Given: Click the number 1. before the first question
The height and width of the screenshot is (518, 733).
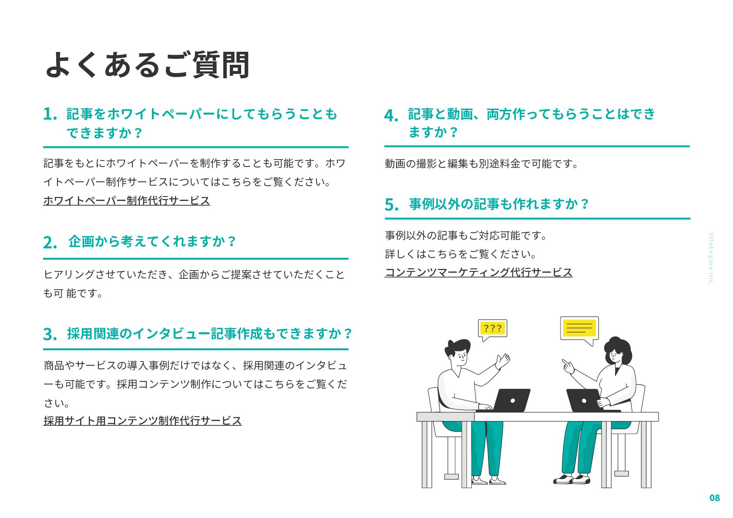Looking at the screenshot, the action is (50, 114).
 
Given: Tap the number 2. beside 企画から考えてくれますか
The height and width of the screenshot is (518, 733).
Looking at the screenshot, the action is (50, 242).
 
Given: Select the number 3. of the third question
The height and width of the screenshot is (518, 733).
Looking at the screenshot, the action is (50, 334).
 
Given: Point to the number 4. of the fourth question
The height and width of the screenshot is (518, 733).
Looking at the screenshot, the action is (391, 116).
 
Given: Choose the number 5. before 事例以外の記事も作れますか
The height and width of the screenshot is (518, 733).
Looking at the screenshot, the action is (391, 204).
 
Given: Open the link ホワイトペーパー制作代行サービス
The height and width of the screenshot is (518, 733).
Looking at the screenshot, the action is (127, 201).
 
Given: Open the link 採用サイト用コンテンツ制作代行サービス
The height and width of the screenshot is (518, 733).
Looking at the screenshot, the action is (142, 421).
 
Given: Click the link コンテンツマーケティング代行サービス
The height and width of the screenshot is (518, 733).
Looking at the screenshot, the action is (478, 272).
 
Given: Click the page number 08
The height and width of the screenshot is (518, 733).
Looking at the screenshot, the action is (714, 498).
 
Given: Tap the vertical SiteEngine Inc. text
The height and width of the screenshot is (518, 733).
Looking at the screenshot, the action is (710, 259).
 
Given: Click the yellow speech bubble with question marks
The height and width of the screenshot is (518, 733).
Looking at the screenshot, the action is (493, 328).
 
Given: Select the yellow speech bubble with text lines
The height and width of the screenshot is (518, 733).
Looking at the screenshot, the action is (579, 328).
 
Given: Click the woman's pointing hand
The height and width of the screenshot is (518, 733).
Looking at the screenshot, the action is (568, 367).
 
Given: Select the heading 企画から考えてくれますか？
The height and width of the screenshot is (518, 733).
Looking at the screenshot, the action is (152, 241).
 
